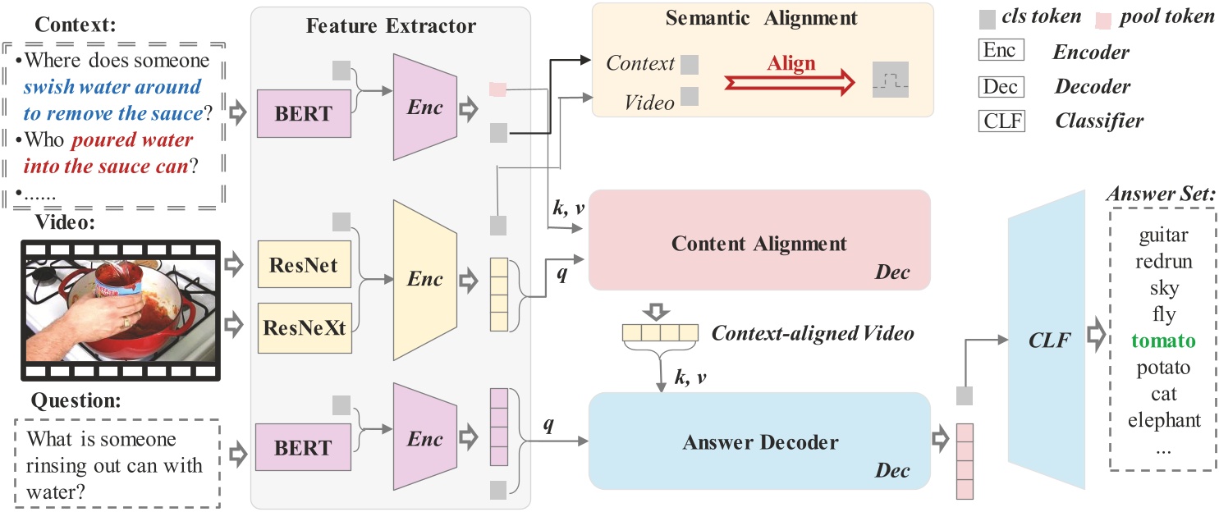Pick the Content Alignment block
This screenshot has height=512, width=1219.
coord(758,245)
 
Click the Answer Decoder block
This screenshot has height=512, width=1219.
coord(758,443)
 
